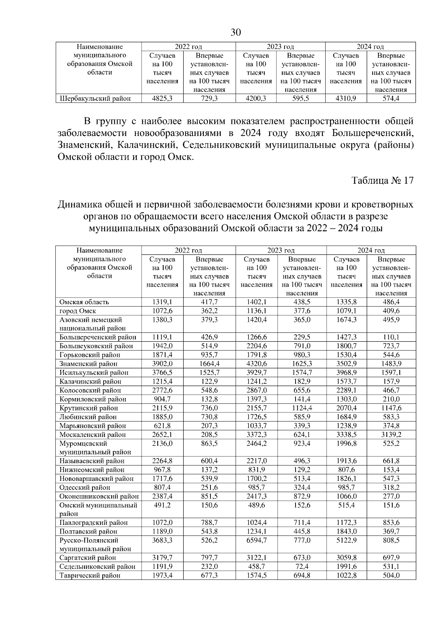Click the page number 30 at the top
point(236,33)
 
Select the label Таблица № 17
point(382,181)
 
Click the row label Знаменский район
point(88,364)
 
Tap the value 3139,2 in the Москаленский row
point(391,435)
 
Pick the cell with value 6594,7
point(257,541)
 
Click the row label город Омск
point(78,311)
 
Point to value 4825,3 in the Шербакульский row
point(162,99)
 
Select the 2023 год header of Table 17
point(281,251)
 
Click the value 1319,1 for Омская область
point(162,302)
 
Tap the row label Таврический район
point(90,576)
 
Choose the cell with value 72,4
point(302,567)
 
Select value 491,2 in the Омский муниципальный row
point(162,505)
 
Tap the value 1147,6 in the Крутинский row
point(391,408)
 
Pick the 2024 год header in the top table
point(370,47)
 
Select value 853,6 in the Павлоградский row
point(391,523)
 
